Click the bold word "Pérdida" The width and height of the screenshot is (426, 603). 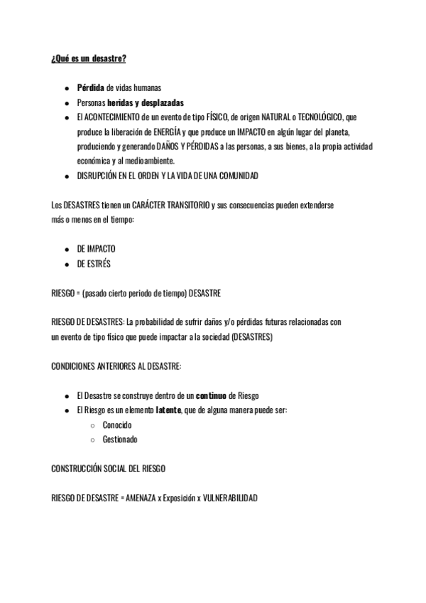click(x=91, y=88)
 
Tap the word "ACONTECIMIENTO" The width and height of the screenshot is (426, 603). click(x=113, y=117)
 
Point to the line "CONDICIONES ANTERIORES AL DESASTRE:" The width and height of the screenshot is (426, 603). click(x=116, y=366)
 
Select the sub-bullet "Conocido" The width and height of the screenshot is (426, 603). click(x=117, y=425)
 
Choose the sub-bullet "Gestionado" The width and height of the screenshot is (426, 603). click(x=120, y=439)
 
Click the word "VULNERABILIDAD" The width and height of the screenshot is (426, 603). click(x=230, y=498)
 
